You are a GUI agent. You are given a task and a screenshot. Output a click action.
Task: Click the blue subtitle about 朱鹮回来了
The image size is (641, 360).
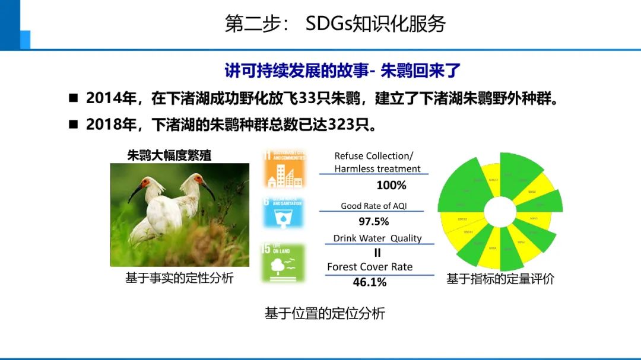(x=342, y=70)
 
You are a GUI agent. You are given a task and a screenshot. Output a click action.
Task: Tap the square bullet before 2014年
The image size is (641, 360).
(x=74, y=98)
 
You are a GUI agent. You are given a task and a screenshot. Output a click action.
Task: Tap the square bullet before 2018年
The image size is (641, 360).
(x=74, y=125)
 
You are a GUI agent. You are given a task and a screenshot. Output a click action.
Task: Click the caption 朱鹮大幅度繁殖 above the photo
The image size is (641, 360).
(x=169, y=155)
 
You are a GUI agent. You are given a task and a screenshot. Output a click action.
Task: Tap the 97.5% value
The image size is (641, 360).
(x=374, y=221)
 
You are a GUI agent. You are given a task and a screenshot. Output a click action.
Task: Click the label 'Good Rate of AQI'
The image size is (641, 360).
(x=374, y=206)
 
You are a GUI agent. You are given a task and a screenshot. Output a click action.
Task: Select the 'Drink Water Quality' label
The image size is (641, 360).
(x=377, y=238)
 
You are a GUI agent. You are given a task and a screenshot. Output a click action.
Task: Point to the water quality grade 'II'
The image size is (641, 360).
(x=377, y=253)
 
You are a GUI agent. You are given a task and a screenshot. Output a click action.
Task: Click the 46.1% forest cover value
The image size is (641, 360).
(x=369, y=282)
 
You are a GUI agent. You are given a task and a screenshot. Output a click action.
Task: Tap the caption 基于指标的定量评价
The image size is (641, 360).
(x=500, y=279)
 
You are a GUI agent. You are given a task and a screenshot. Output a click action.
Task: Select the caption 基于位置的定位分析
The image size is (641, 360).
(x=325, y=314)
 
